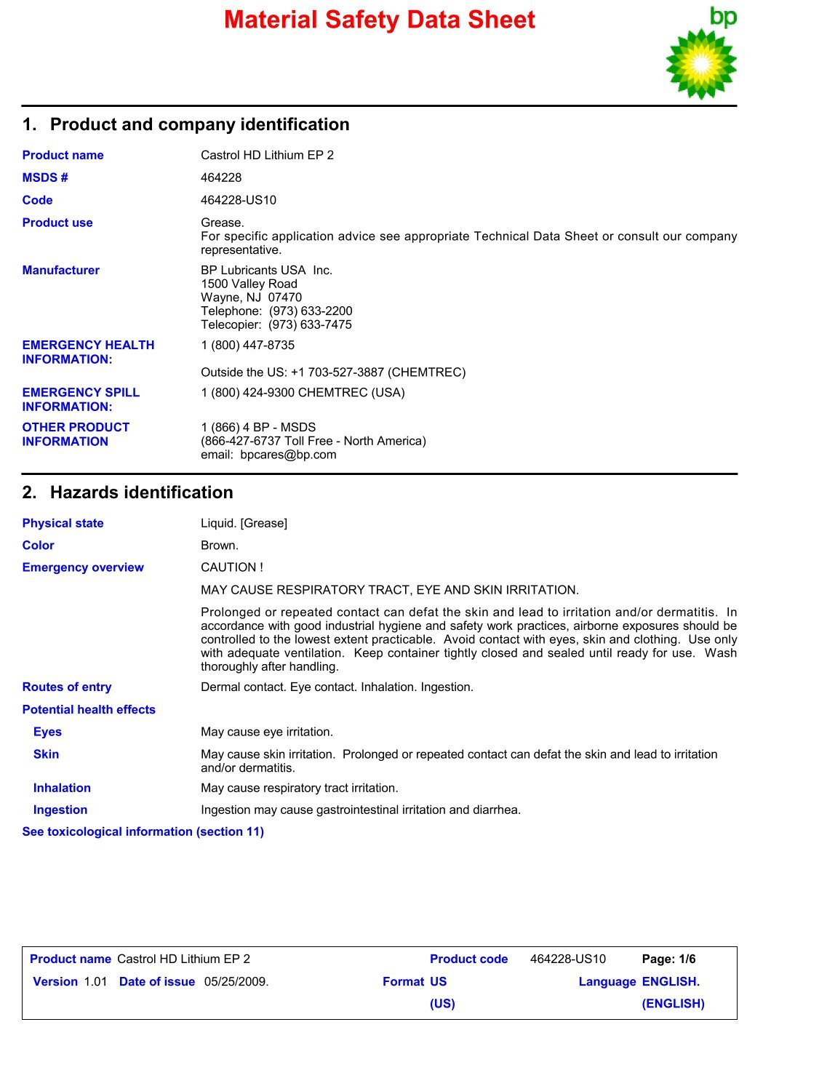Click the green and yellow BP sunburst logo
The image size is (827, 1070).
(x=700, y=64)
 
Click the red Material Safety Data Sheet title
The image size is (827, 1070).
(x=379, y=20)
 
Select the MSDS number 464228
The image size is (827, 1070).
(x=221, y=177)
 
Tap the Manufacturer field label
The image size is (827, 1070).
(x=60, y=270)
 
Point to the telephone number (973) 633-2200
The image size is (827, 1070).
(x=311, y=311)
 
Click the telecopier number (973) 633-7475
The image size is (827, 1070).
(x=310, y=324)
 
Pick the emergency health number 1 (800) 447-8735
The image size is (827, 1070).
(x=248, y=346)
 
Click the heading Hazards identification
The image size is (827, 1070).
(x=141, y=492)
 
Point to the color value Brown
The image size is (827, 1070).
(x=220, y=546)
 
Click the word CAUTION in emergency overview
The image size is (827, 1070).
(x=228, y=567)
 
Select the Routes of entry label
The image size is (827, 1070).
(x=67, y=687)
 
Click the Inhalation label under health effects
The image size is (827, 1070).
(x=62, y=788)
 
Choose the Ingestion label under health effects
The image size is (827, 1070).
(x=60, y=810)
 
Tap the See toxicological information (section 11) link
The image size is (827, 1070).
(x=143, y=831)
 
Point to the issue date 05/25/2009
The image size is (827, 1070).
(x=236, y=981)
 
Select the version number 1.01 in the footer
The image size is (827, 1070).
(x=95, y=981)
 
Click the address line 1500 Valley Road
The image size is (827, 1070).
(x=249, y=284)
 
